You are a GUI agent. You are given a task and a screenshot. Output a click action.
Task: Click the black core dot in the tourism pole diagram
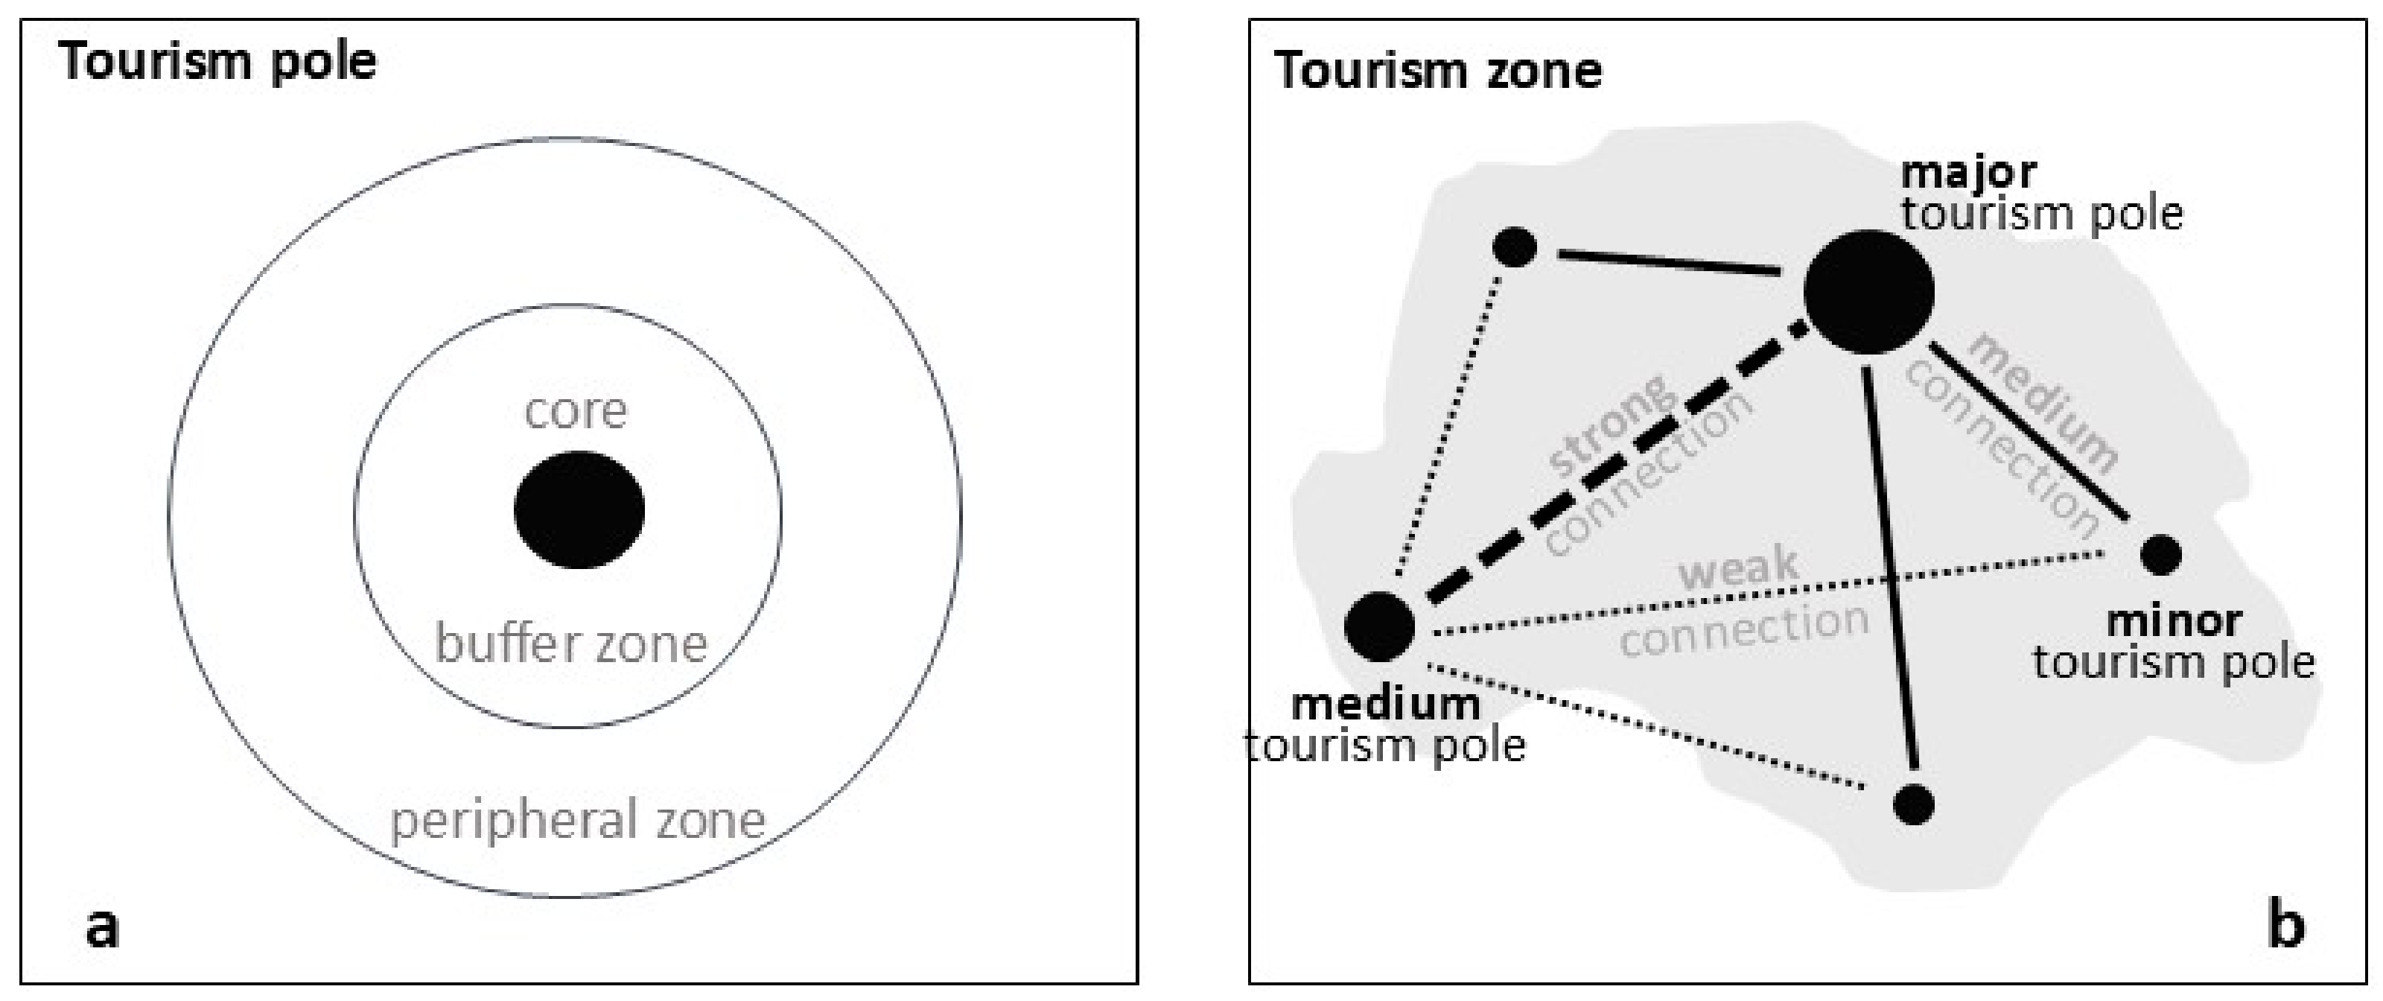579,509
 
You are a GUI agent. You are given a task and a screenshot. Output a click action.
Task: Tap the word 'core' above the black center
576,411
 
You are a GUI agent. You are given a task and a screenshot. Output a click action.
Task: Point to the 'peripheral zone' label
578,821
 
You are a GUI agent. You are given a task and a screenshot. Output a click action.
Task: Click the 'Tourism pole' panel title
218,62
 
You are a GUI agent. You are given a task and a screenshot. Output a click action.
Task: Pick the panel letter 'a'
102,928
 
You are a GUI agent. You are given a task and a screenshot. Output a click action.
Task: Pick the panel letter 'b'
2286,926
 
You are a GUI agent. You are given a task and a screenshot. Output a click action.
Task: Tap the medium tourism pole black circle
1379,627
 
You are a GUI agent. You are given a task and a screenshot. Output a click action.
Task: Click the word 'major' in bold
1968,172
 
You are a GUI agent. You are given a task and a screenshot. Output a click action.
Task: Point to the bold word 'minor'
2173,620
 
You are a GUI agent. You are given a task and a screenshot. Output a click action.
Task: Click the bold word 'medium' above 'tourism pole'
1386,705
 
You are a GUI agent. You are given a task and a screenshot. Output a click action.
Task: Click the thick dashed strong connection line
1609,467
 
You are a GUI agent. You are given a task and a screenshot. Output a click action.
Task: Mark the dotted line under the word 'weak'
1757,597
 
